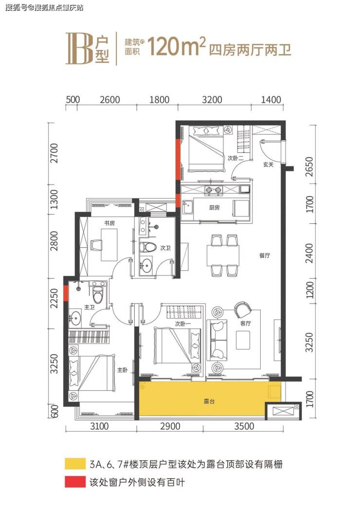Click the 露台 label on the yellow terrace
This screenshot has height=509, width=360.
pos(209,401)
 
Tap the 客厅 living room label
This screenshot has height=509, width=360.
pos(246,323)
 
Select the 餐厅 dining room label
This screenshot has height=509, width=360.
pos(265,255)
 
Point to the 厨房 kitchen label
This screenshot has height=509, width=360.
pos(214,207)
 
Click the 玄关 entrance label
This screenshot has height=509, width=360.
pos(268,164)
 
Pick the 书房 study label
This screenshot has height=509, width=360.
pos(109,223)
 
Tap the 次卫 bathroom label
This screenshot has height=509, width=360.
pos(165,248)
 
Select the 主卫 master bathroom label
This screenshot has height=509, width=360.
pos(90,307)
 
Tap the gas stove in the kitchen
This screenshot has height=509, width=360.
pos(213,190)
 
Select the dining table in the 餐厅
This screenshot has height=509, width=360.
pos(223,255)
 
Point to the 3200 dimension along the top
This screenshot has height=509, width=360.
pos(212,99)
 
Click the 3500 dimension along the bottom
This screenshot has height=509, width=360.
pos(244,426)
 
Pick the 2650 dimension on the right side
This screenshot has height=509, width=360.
pos(310,167)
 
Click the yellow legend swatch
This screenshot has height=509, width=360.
pos(75,464)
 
